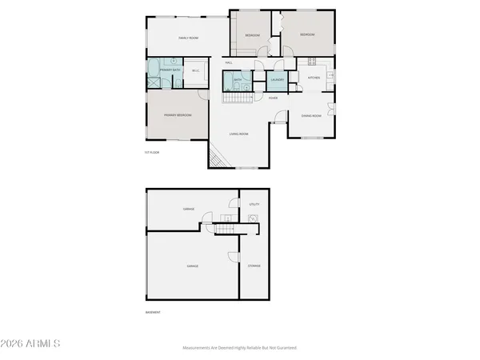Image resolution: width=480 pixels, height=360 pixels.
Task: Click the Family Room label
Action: tap(188, 38)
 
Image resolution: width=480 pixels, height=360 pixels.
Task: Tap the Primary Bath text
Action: tap(168, 70)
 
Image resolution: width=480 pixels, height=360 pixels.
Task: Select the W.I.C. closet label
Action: tap(195, 70)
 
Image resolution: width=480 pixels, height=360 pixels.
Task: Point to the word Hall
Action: tap(229, 62)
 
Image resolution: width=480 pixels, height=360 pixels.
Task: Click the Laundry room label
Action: tap(278, 79)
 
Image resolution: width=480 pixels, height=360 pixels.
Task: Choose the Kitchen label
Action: tap(314, 78)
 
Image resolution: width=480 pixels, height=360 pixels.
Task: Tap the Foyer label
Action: tap(273, 98)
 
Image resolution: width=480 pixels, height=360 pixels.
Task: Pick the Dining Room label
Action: tap(311, 116)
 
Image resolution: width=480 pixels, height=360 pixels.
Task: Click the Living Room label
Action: tap(238, 134)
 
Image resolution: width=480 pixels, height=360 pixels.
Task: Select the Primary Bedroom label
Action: tap(178, 116)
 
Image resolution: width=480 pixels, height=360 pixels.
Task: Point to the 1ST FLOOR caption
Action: tap(153, 151)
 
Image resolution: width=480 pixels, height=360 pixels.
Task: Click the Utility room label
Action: tap(254, 205)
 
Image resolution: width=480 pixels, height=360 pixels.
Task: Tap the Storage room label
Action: tap(254, 266)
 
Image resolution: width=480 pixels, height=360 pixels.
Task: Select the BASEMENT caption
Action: tap(153, 312)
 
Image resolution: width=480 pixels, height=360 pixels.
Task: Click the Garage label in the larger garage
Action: tap(193, 266)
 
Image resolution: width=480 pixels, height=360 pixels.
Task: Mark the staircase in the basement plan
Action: tap(226, 230)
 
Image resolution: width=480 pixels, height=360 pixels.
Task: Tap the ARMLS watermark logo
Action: tap(31, 343)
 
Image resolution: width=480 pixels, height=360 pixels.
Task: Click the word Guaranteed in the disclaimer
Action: tap(283, 348)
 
